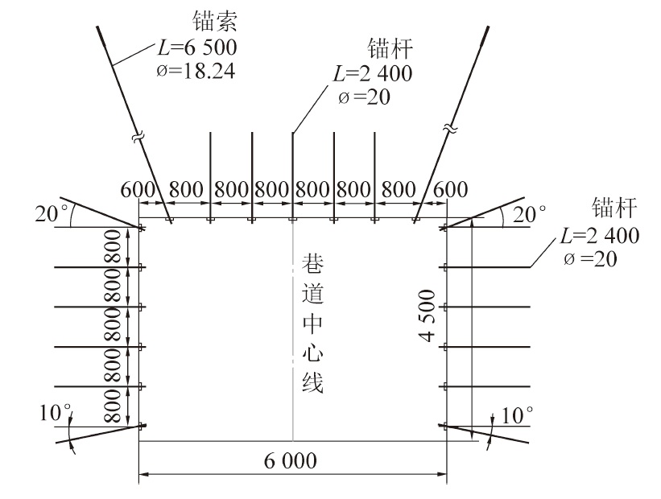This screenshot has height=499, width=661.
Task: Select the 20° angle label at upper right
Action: point(531,213)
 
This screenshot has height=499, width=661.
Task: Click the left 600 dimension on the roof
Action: point(136,191)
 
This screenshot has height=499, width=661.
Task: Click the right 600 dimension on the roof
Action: point(450,191)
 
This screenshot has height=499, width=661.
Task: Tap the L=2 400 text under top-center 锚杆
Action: point(372,74)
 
